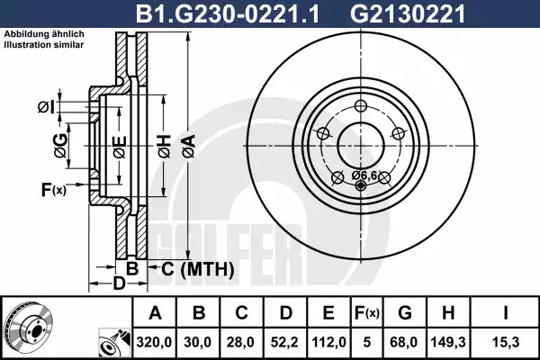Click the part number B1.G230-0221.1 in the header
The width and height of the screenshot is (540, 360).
point(228,14)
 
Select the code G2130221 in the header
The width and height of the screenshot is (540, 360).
point(408,14)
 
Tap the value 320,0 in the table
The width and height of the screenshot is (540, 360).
point(154,342)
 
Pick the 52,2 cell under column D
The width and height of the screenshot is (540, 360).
point(284,342)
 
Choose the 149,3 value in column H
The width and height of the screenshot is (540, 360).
point(448,342)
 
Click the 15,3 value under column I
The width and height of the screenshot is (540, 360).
point(505,342)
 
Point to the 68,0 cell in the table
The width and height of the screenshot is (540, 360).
point(404,342)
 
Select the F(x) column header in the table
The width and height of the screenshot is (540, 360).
point(367,313)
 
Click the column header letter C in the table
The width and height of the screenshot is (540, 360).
point(241,313)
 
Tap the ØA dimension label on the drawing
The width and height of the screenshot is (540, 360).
point(189,147)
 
